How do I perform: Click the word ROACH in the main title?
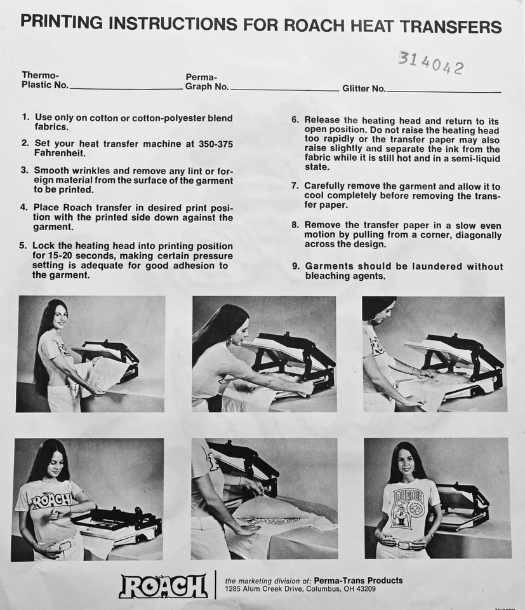pyautogui.click(x=314, y=25)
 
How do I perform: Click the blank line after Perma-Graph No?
pyautogui.click(x=284, y=89)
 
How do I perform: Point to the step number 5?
pyautogui.click(x=23, y=246)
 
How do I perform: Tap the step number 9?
pyautogui.click(x=296, y=266)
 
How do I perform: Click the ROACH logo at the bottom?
pyautogui.click(x=163, y=585)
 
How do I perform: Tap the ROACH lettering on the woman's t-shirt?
pyautogui.click(x=51, y=500)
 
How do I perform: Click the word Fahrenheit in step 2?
pyautogui.click(x=60, y=153)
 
